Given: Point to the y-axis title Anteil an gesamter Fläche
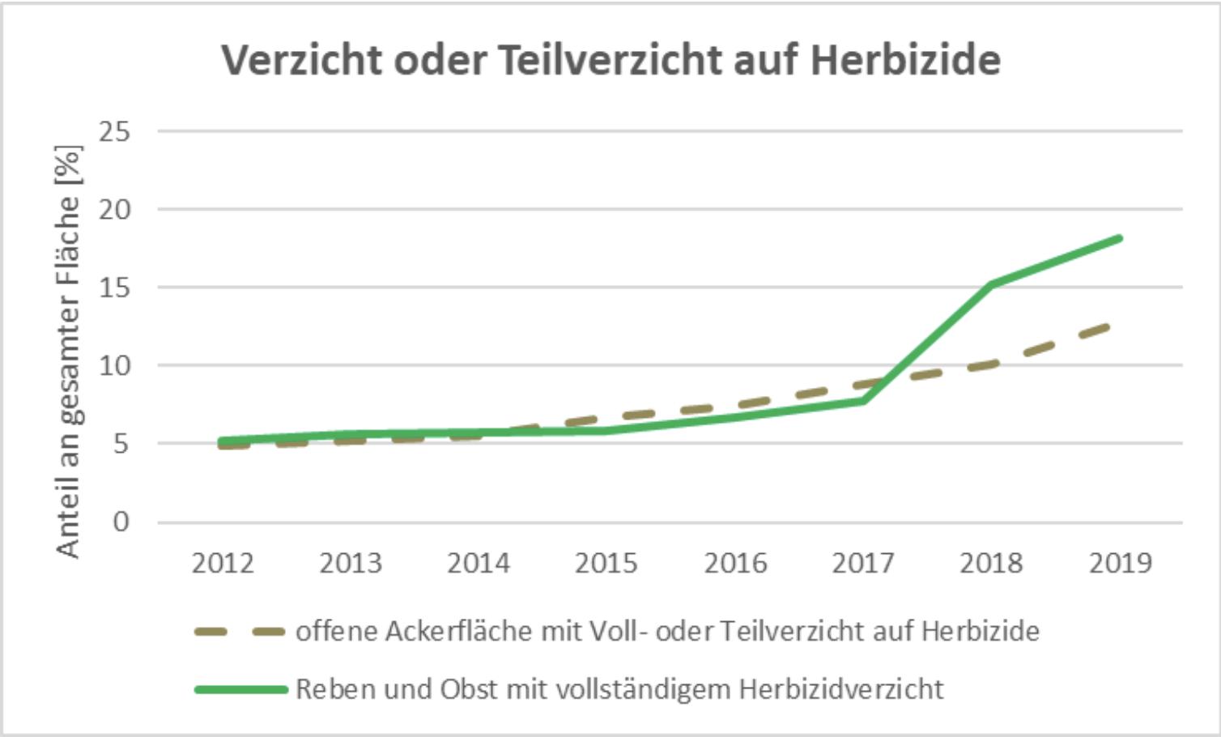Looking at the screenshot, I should pos(69,351).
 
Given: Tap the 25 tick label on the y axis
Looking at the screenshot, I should pos(114,131).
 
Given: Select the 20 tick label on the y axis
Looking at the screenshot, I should pos(114,210).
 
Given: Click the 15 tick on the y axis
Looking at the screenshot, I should pos(114,288).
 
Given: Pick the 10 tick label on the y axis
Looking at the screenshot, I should pos(114,366).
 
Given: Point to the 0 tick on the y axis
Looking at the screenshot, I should pos(121,522).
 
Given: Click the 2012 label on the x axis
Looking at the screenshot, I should pos(223,563).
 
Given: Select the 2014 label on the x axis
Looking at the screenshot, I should pos(479,563).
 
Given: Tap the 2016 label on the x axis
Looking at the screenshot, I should pos(735,563).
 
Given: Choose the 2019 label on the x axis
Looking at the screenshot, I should pos(1120,563).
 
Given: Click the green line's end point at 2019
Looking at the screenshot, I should pos(1119,239).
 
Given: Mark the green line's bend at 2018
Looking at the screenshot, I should pos(991,284).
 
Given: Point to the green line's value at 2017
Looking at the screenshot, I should pos(863,400).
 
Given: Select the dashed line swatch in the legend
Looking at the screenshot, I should pos(240,632).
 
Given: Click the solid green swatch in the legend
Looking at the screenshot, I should pos(240,689).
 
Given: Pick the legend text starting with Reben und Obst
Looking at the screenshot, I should pos(619,689).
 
